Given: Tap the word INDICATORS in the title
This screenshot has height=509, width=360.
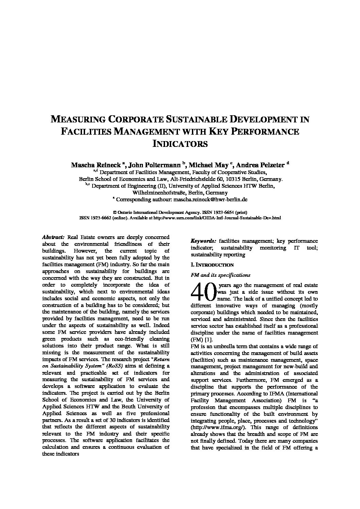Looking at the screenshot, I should (180, 143).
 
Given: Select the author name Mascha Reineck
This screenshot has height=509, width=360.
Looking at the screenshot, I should (96, 165).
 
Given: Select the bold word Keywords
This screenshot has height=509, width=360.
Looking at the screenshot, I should (203, 241).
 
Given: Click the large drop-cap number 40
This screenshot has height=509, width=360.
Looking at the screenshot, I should (203, 292).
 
